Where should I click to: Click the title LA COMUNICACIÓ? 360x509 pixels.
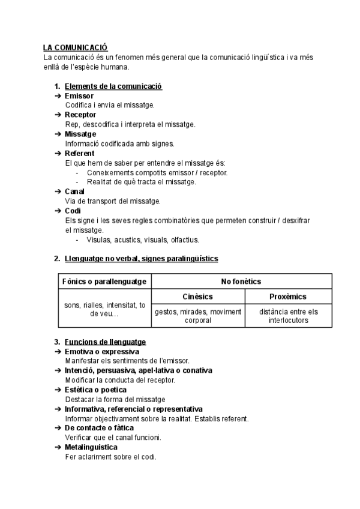[75, 47]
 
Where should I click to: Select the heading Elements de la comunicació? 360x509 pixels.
[113, 86]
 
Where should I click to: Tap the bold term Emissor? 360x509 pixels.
[79, 96]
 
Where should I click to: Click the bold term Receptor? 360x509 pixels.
[80, 115]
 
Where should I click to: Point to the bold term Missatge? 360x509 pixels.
[80, 134]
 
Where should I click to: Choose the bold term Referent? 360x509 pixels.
[79, 154]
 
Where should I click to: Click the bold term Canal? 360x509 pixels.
[74, 191]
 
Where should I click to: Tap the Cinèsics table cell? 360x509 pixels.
[197, 297]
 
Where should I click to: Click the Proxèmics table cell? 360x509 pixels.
[288, 297]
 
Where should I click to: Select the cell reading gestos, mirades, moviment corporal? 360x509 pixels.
[197, 316]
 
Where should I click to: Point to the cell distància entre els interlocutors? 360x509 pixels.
[288, 316]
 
